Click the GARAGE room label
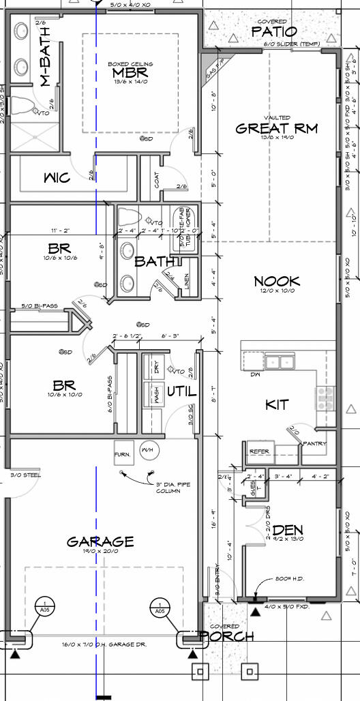[100, 542]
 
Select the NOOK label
[277, 281]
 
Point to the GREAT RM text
[276, 128]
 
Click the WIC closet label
[57, 178]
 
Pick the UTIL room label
[181, 391]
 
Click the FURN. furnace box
[123, 453]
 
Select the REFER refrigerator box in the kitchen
[259, 451]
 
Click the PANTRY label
[315, 444]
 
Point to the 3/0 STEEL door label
[26, 475]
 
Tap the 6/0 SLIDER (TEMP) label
[291, 44]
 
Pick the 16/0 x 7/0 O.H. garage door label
[104, 643]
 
